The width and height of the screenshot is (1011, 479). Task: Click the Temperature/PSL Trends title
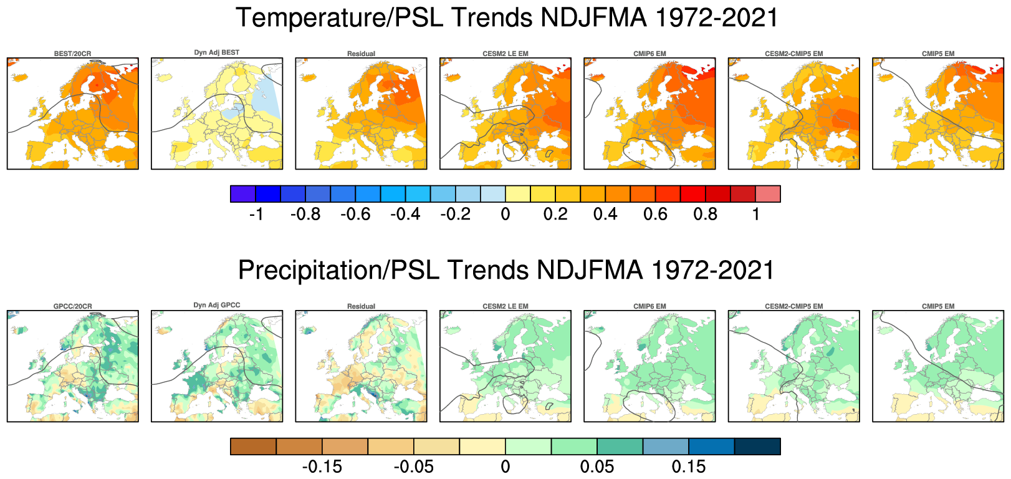click(507, 17)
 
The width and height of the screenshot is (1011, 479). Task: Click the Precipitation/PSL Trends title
click(506, 271)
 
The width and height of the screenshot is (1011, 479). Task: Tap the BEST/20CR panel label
click(72, 54)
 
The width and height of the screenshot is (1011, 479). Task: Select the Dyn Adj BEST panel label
click(216, 52)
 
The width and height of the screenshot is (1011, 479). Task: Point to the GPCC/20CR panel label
click(72, 306)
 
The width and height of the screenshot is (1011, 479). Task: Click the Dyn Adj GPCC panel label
click(216, 305)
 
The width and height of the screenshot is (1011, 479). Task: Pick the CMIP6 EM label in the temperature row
click(649, 54)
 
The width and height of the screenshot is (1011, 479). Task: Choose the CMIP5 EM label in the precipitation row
click(938, 306)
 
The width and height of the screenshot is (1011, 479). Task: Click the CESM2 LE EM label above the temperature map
click(505, 54)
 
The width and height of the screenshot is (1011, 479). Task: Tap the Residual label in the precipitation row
click(361, 306)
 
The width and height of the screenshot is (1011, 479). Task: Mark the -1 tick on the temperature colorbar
click(256, 215)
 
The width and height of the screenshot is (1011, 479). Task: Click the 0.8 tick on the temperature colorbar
click(705, 215)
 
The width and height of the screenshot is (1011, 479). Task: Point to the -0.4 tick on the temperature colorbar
click(405, 215)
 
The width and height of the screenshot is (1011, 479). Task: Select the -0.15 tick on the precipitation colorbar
click(322, 467)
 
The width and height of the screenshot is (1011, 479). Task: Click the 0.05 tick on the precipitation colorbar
click(597, 467)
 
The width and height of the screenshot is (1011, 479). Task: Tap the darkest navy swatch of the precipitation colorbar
click(757, 447)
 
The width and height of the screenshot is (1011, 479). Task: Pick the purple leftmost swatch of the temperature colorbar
click(242, 194)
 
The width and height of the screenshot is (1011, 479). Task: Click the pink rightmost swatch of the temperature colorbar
click(768, 194)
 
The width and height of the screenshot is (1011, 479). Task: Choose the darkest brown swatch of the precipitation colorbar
click(253, 447)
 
